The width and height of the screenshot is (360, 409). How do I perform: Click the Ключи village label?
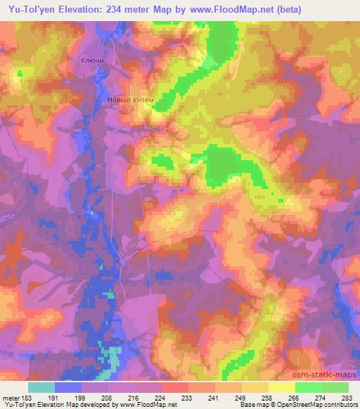pos(93,62)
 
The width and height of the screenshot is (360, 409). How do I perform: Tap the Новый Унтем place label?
pos(130,100)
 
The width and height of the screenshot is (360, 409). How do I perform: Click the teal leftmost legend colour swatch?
pos(41,387)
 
